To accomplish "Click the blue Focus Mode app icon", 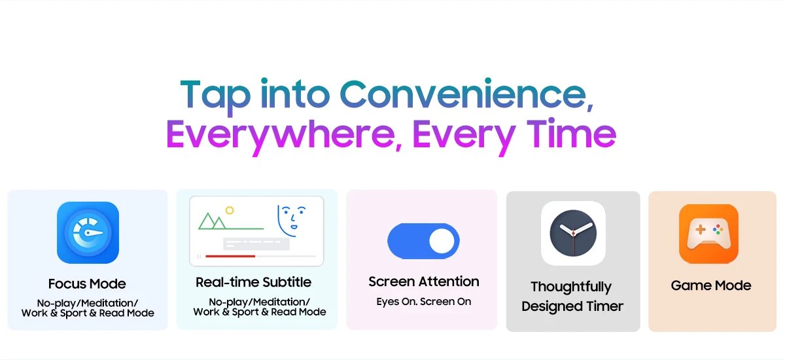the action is [x=88, y=232].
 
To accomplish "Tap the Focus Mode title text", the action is [x=87, y=283].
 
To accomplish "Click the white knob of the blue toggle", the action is [x=442, y=241].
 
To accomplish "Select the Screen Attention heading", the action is [x=424, y=281].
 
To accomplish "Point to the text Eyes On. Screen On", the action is [x=424, y=302].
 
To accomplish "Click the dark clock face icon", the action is [x=573, y=233].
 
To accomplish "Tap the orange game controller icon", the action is [x=708, y=234].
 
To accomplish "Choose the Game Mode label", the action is [x=711, y=285].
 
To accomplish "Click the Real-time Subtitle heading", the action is [x=253, y=282].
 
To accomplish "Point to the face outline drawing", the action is [x=291, y=221].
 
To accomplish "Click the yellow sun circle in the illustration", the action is [x=230, y=210].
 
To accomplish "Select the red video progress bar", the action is [x=230, y=256].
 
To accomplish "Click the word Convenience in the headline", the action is [x=466, y=94].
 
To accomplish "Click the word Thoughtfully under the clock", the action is [x=571, y=287].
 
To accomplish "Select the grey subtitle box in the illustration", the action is [x=256, y=243].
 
